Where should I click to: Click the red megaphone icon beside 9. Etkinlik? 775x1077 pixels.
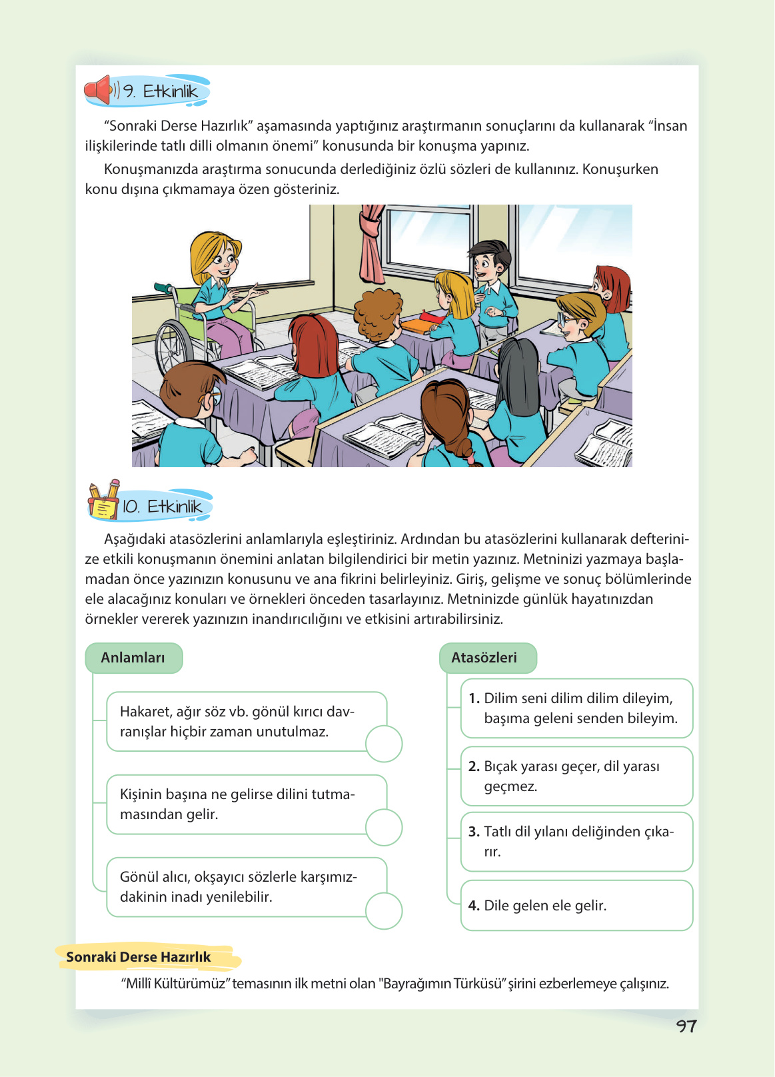click(99, 90)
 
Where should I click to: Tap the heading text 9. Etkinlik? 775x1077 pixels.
click(161, 91)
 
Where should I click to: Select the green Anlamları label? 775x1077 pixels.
click(133, 658)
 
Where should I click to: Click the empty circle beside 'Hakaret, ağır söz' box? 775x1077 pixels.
click(384, 744)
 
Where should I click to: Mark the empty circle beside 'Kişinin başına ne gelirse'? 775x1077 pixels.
click(384, 827)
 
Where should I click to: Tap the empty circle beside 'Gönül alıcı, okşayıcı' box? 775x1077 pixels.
click(384, 910)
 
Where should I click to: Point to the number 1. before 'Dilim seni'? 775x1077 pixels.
click(474, 698)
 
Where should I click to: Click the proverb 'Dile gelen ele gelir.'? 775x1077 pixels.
click(545, 906)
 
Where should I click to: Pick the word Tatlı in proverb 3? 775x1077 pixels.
click(498, 832)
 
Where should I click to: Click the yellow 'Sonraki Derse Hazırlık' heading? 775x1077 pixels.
click(139, 957)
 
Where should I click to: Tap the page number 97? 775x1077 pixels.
click(686, 1026)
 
